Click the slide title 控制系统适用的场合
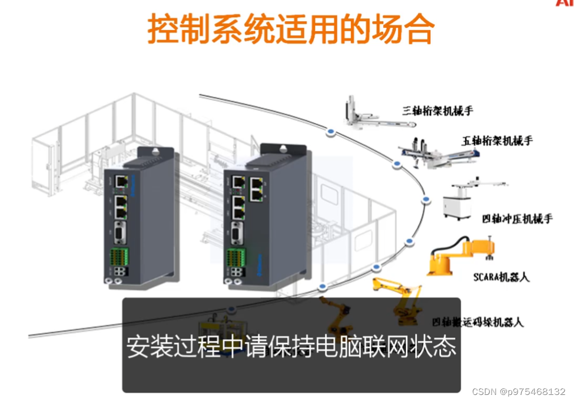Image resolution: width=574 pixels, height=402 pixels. [x=290, y=29]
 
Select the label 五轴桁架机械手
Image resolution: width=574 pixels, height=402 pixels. [x=497, y=141]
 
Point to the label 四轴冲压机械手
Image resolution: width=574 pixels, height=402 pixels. [x=517, y=219]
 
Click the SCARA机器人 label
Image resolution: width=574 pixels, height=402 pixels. [x=501, y=277]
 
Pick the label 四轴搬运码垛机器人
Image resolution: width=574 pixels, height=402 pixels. [x=477, y=322]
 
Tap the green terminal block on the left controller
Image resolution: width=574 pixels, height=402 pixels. [x=120, y=258]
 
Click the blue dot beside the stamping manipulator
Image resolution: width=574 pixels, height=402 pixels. [x=424, y=201]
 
